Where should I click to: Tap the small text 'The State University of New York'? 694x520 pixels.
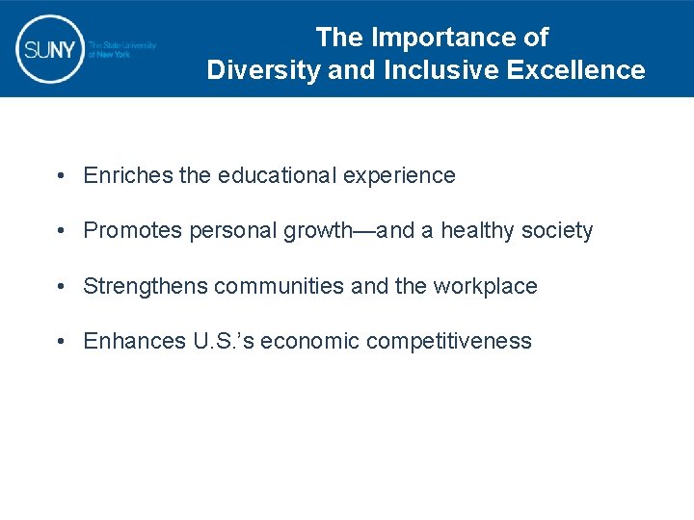pos(121,50)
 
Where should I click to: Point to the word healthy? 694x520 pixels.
pos(477,231)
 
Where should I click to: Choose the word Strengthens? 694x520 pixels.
pos(146,287)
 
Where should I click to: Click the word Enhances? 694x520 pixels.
pos(129,342)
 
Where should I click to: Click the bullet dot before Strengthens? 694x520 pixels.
pos(61,287)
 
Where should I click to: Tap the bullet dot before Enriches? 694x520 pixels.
pos(61,176)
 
